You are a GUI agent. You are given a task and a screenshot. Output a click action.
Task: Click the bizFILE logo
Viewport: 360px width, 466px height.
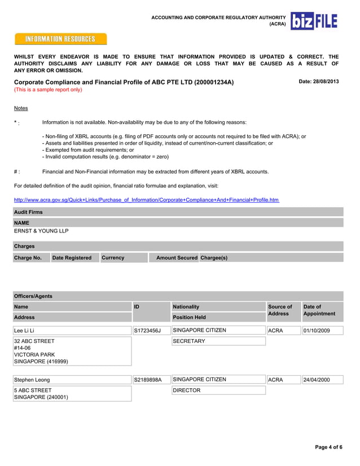tap(314, 21)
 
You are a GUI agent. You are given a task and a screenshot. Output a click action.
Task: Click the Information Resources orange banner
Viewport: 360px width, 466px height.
tap(61, 39)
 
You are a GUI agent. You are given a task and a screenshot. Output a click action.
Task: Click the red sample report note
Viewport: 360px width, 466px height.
tap(48, 90)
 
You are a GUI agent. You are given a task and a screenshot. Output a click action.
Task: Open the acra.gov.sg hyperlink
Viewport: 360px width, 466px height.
tap(146, 200)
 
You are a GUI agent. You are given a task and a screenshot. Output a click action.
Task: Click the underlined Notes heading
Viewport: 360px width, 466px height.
tap(21, 108)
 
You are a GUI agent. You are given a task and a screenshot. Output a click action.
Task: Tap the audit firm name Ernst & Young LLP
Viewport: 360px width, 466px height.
tap(41, 231)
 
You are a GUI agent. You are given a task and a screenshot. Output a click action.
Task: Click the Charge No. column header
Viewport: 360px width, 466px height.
tap(28, 257)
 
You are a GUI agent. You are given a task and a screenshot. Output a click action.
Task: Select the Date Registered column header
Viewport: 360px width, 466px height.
tap(72, 257)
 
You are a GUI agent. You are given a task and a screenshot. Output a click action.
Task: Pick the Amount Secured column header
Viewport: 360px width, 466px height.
tap(177, 257)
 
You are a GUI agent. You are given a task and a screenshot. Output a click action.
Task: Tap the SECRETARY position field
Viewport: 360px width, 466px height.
tap(189, 341)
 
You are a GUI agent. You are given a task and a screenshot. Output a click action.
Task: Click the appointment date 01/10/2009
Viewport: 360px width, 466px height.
tap(317, 331)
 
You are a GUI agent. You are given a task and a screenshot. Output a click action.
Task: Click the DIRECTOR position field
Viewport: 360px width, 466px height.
tap(187, 390)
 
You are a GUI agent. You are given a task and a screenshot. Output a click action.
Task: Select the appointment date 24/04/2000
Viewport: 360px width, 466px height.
tap(317, 380)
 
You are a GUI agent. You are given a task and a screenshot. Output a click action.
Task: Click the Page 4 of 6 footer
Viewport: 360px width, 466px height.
tap(328, 447)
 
